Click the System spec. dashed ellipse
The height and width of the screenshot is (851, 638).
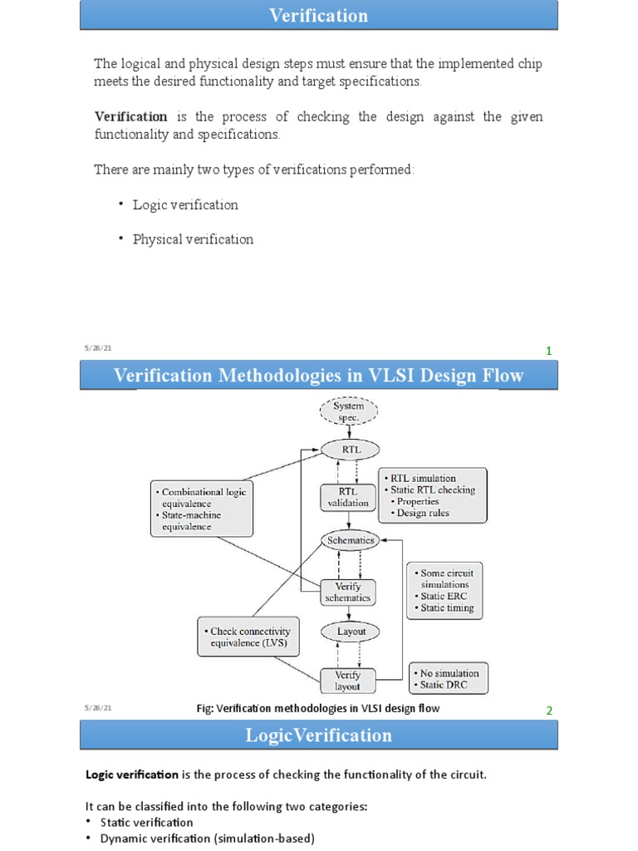pyautogui.click(x=349, y=411)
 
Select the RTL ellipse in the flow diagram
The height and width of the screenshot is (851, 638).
pyautogui.click(x=349, y=449)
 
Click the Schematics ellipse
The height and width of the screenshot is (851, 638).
pyautogui.click(x=350, y=540)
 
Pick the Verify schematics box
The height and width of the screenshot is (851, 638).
pyautogui.click(x=348, y=592)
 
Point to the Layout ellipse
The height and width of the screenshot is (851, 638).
pyautogui.click(x=351, y=632)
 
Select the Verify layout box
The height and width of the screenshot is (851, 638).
pyautogui.click(x=347, y=680)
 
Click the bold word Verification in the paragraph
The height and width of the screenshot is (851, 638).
pyautogui.click(x=130, y=116)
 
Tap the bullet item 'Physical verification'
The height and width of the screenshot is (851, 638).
pyautogui.click(x=193, y=239)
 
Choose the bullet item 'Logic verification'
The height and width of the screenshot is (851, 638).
pyautogui.click(x=185, y=204)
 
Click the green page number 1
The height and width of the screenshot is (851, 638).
pyautogui.click(x=548, y=351)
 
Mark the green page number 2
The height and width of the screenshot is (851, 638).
pyautogui.click(x=548, y=711)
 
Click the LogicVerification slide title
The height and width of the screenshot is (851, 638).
pyautogui.click(x=318, y=735)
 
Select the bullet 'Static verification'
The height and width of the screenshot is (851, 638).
pyautogui.click(x=146, y=822)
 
